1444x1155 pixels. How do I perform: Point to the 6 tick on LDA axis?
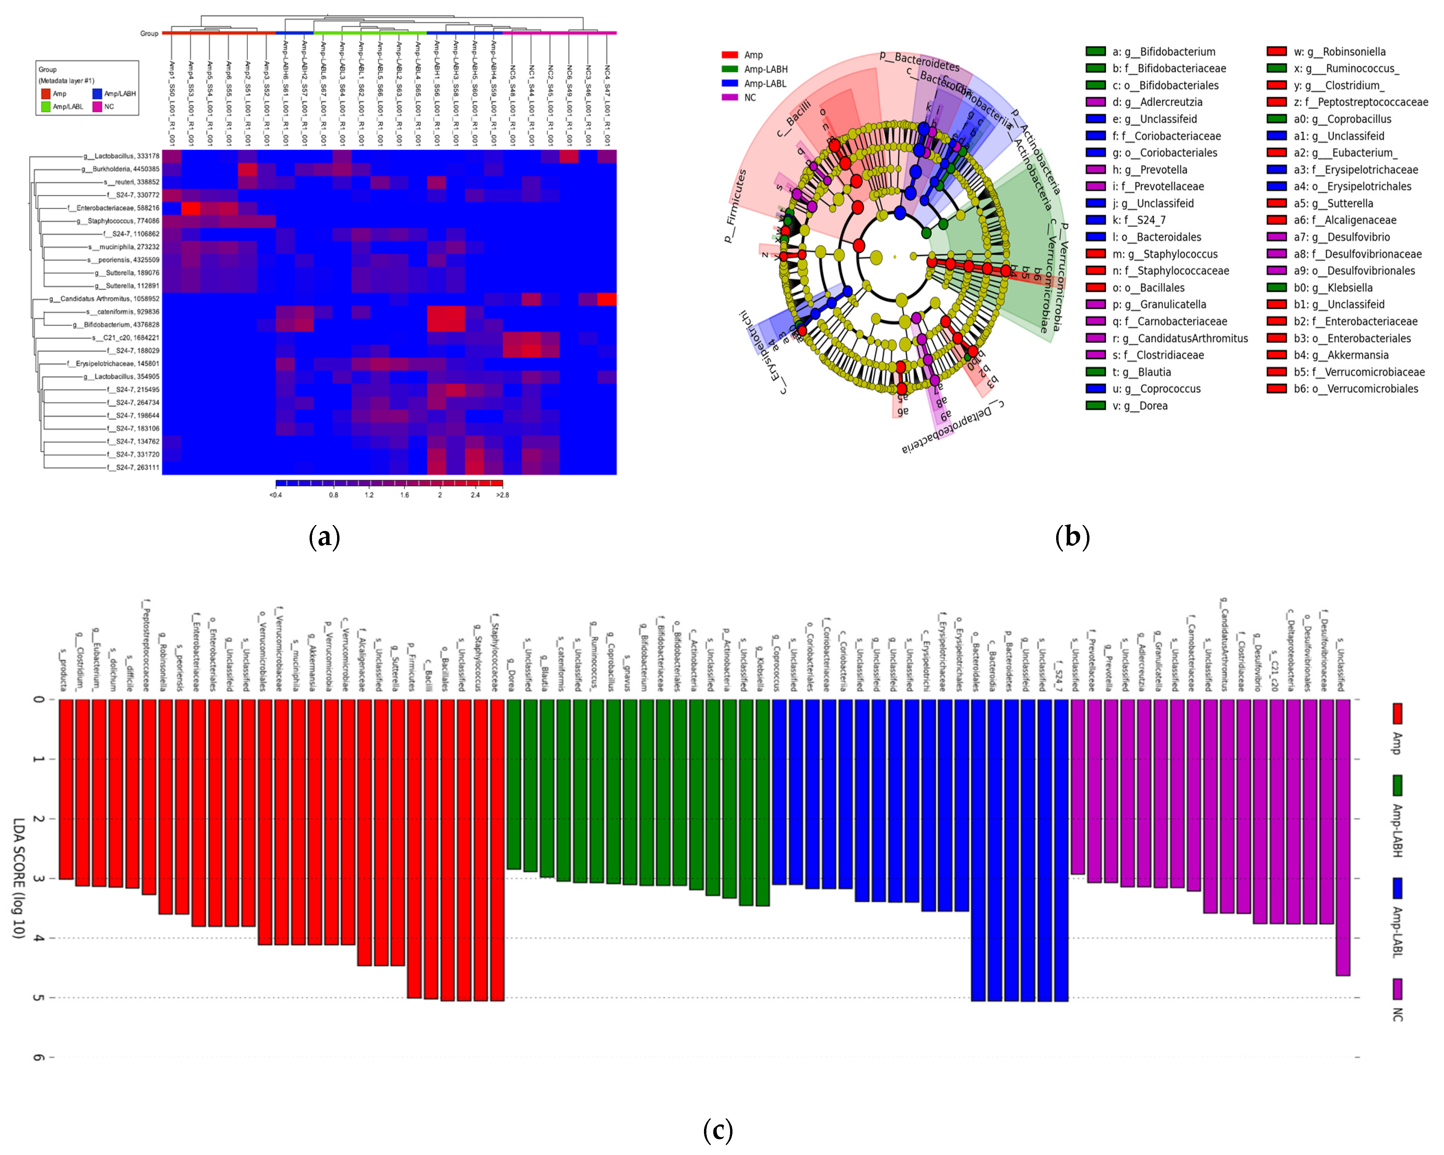[x=39, y=1057]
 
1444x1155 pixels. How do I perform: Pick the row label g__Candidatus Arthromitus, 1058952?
[x=104, y=299]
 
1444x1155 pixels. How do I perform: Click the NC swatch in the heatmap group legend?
[x=97, y=106]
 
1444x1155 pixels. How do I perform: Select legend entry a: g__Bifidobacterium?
[x=1163, y=51]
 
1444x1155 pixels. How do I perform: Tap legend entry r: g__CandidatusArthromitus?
[x=1179, y=338]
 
